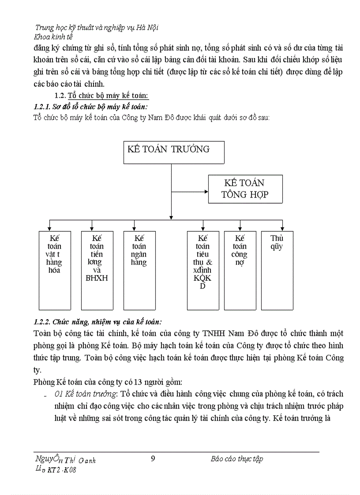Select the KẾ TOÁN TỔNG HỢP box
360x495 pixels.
pyautogui.click(x=245, y=189)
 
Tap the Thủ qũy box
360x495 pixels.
pyautogui.click(x=277, y=270)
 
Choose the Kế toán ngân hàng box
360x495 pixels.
pyautogui.click(x=139, y=270)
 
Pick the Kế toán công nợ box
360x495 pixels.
pyautogui.click(x=240, y=270)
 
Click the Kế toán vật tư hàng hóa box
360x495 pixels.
pyautogui.click(x=55, y=270)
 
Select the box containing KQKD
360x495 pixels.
pyautogui.click(x=203, y=270)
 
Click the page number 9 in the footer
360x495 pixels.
pyautogui.click(x=153, y=458)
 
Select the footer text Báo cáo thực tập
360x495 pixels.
pyautogui.click(x=237, y=459)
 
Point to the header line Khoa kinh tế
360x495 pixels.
pyautogui.click(x=53, y=37)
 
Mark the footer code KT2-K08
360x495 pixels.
pyautogui.click(x=64, y=470)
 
